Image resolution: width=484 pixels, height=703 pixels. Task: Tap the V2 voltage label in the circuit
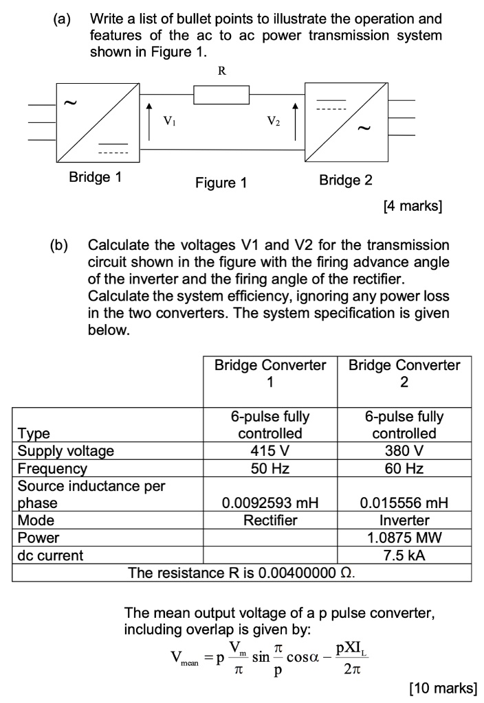[x=272, y=122]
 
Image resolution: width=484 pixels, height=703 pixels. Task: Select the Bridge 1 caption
[x=96, y=178]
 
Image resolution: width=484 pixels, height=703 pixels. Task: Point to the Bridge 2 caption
[x=346, y=180]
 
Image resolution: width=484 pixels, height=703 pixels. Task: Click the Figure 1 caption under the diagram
[x=221, y=183]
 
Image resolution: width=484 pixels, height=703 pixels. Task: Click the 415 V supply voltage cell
[x=270, y=450]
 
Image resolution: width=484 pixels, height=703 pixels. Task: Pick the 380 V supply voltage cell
[x=404, y=450]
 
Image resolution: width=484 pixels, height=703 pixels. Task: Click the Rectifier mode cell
[x=270, y=520]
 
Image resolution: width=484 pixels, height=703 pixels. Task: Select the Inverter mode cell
[x=404, y=520]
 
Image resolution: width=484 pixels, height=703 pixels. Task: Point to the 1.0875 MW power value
[x=404, y=538]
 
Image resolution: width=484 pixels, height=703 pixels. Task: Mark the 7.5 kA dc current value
[x=404, y=555]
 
